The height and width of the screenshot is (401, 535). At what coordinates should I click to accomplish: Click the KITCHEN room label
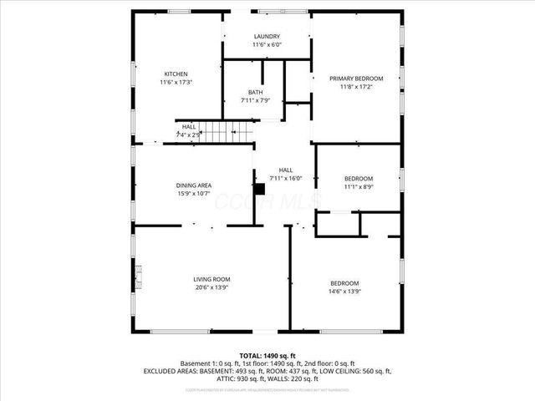tap(176, 74)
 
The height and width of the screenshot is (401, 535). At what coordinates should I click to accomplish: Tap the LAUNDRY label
tap(267, 36)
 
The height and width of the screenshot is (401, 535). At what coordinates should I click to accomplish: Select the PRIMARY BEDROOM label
tap(356, 78)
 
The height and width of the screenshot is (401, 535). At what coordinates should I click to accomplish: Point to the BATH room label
tap(256, 92)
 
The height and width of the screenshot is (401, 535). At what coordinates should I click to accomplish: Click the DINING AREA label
tap(193, 185)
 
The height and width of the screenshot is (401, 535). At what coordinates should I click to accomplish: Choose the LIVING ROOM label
tap(211, 279)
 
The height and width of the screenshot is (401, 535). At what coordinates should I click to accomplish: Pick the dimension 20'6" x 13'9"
tap(211, 288)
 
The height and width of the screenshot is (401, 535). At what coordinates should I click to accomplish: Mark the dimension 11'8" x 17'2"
tap(356, 86)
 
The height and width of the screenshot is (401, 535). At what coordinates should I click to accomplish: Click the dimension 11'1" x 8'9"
tap(359, 187)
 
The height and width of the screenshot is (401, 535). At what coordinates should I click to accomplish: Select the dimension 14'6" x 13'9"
tap(344, 292)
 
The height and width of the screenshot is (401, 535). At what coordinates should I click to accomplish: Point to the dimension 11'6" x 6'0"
tap(267, 44)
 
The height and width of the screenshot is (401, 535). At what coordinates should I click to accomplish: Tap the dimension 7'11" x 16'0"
tap(285, 178)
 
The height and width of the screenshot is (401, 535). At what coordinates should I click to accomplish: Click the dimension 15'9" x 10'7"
tap(193, 193)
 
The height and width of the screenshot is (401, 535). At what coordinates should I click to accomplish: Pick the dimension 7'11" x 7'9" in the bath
tap(256, 100)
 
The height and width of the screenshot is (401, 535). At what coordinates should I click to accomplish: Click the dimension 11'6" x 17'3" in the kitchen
tap(176, 82)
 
